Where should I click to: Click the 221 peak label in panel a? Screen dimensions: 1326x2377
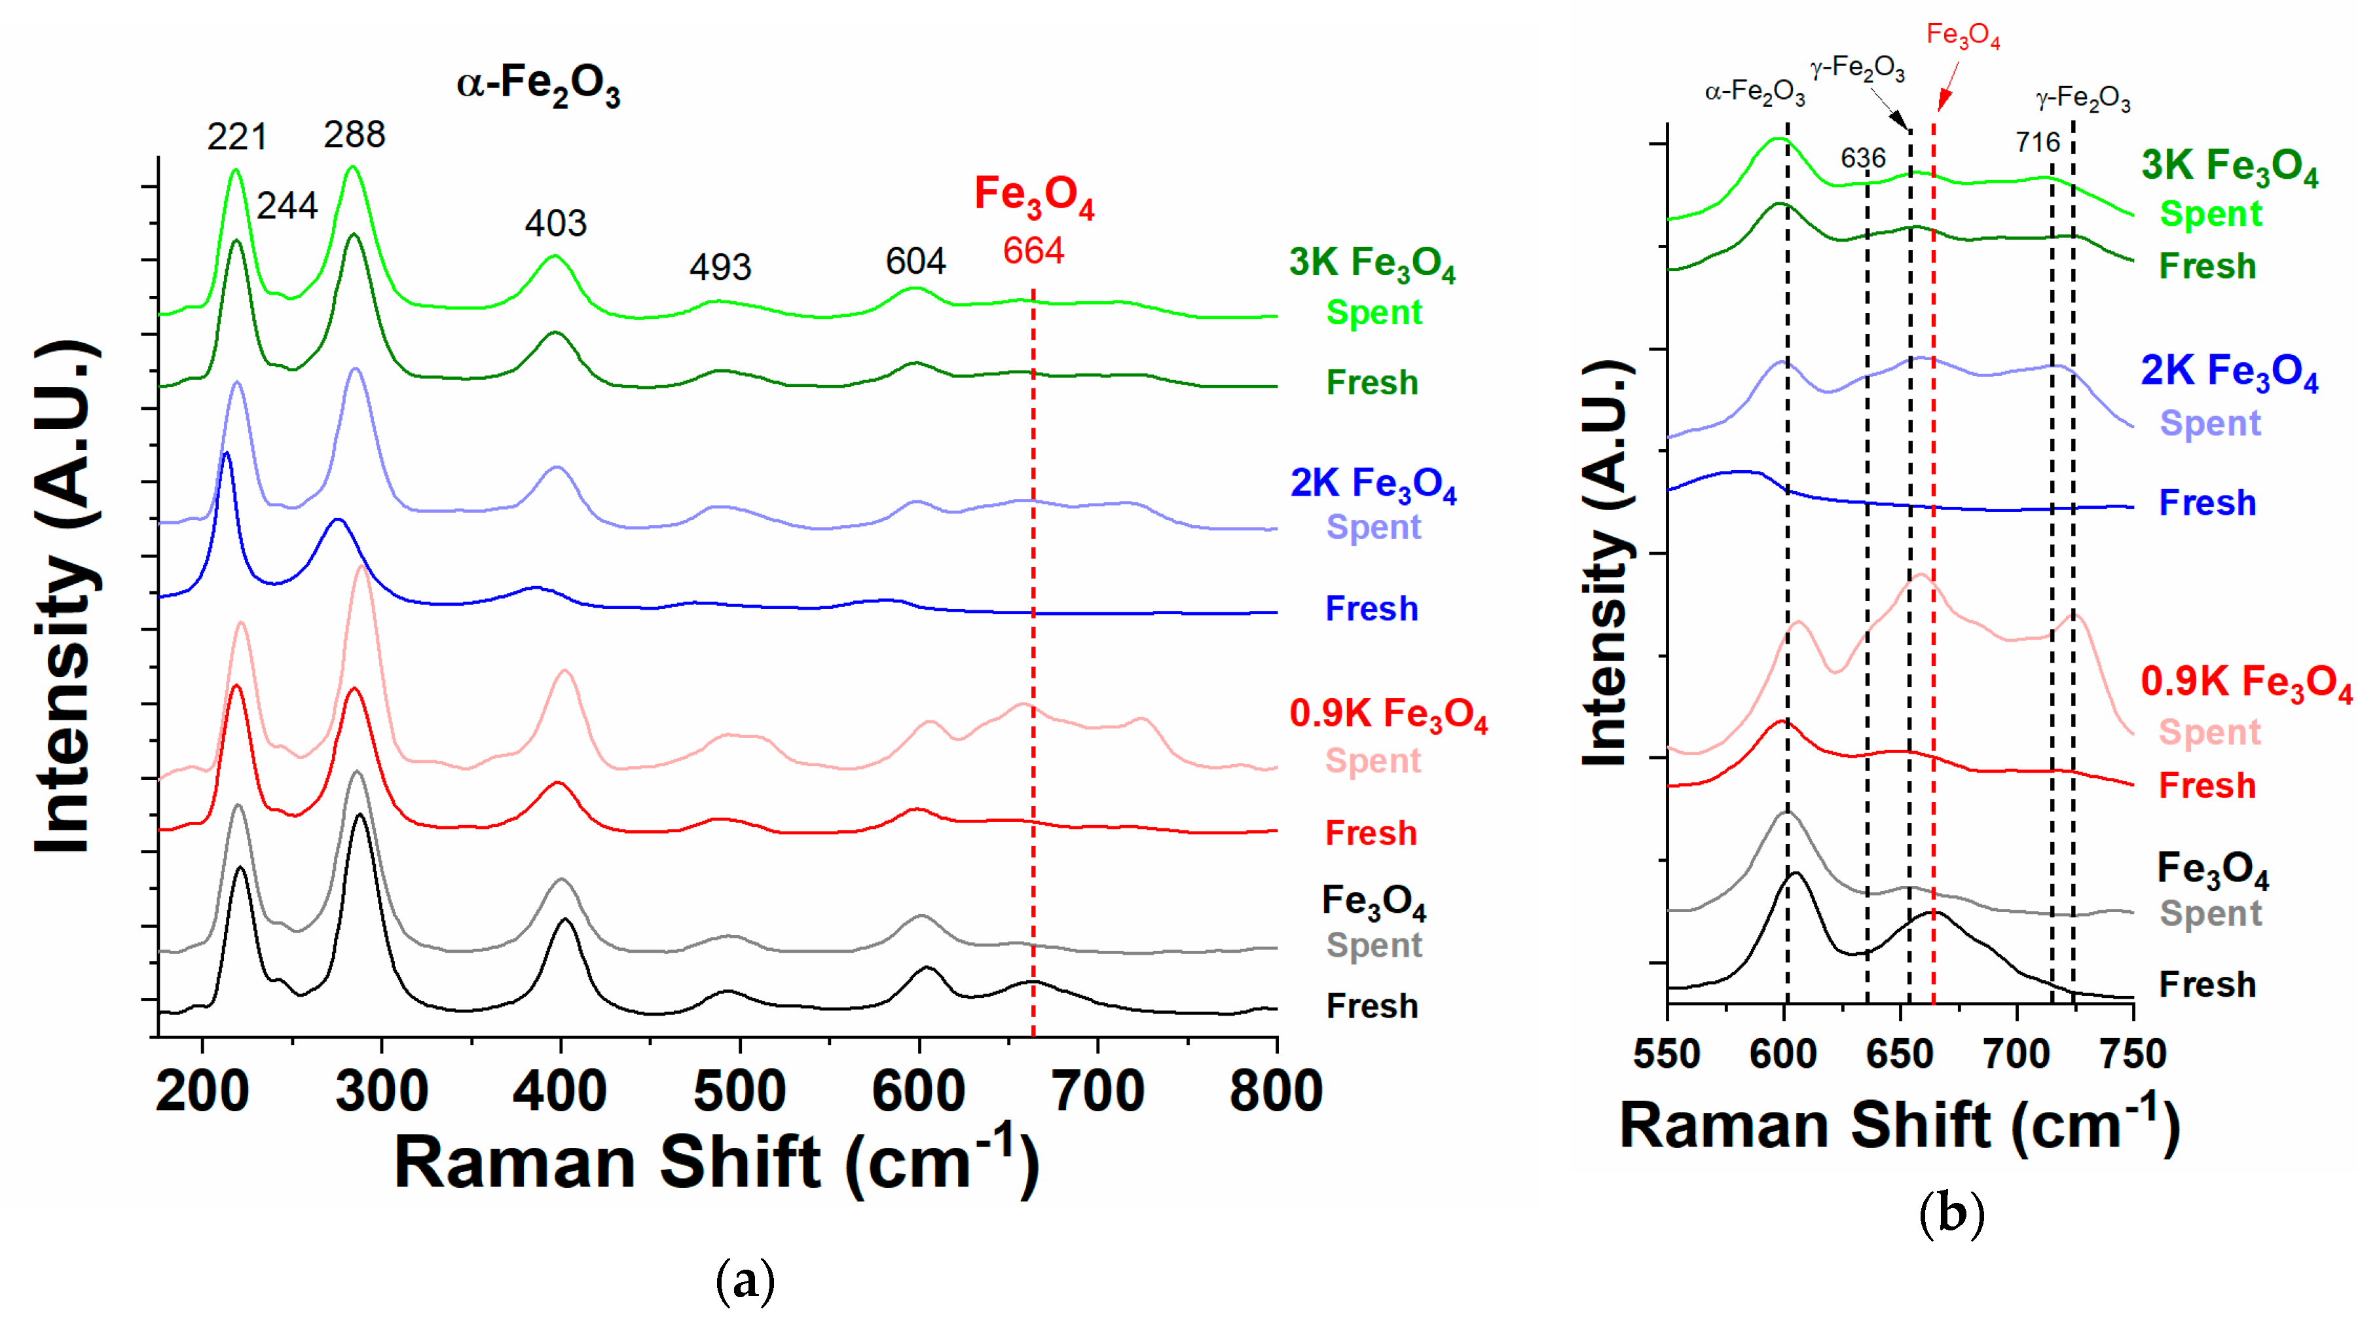[237, 138]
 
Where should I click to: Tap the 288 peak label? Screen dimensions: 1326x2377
[354, 135]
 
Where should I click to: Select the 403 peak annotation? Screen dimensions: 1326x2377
[555, 223]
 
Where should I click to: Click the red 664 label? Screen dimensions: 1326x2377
[1033, 251]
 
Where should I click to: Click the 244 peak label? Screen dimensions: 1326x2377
[287, 206]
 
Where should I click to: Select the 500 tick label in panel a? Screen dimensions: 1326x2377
[739, 1092]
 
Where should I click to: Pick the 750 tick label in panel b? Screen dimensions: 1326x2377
[2133, 1054]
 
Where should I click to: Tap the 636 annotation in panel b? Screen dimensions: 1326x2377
[1863, 158]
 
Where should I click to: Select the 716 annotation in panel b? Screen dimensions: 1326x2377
[2037, 142]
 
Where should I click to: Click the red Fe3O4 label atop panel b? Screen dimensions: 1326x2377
[1962, 37]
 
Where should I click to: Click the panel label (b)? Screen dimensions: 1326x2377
[1951, 1213]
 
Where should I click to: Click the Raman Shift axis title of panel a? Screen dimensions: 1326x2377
[717, 1161]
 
